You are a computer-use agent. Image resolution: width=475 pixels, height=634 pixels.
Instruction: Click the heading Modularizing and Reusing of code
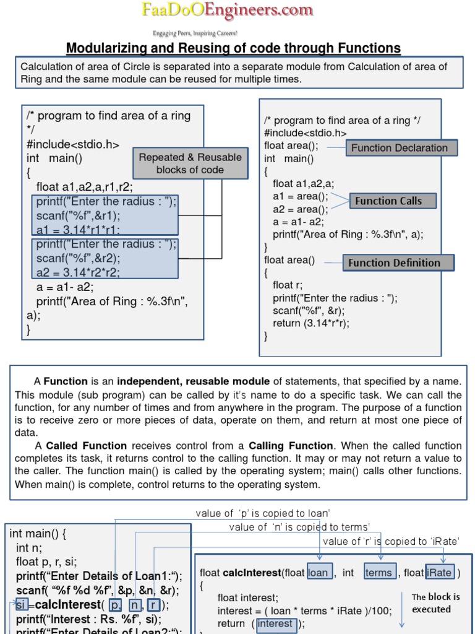(233, 48)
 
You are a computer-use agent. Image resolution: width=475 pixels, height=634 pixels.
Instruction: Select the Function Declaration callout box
(399, 147)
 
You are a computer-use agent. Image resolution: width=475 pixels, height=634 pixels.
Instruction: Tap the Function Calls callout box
(388, 201)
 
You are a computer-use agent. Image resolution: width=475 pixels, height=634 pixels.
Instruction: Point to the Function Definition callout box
(394, 263)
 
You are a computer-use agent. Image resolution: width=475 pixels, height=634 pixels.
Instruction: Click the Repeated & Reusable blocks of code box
(190, 163)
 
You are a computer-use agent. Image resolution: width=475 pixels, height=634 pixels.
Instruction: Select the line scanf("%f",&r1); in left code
(79, 215)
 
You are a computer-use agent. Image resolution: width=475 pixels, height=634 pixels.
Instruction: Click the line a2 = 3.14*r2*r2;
(78, 272)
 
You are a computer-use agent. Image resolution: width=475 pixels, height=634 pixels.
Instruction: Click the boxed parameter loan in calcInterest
(319, 572)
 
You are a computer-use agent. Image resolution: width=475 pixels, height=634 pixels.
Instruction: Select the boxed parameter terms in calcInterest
(379, 572)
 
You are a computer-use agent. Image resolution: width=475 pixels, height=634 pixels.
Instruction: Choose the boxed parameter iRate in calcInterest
(439, 572)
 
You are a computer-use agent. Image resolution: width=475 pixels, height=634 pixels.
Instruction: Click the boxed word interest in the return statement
(275, 623)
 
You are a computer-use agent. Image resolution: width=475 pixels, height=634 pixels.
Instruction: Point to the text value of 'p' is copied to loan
(263, 513)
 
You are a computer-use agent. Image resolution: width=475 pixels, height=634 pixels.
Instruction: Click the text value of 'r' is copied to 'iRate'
(391, 541)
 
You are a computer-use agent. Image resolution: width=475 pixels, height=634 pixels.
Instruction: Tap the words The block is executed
(435, 603)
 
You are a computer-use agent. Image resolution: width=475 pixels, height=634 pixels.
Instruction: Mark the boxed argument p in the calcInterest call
(114, 604)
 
